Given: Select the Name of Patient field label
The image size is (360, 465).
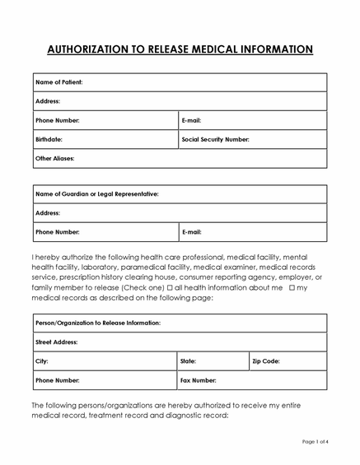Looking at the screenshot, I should coord(59,82).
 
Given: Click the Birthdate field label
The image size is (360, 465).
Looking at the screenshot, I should coord(49,139).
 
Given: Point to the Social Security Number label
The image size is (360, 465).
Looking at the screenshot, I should coord(215,139).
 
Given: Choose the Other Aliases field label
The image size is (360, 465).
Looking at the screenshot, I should coord(55,158).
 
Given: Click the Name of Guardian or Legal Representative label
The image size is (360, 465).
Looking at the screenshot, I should coord(97,194).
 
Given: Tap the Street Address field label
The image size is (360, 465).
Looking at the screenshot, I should coord(56,342).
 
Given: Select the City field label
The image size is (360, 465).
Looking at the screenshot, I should coord(42,361).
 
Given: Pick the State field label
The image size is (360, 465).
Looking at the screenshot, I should coord(189,361).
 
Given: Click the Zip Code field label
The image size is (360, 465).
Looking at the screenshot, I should coord(266,361).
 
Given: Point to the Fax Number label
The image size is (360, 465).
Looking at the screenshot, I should coord(199,380).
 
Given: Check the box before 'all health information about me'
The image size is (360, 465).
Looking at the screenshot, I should coord(170,289).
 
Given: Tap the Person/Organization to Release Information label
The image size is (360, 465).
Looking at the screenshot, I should coord(98,323).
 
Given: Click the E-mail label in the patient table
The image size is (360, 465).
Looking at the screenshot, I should coord(191,120).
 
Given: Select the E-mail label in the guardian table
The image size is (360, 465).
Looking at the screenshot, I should coord(191,232).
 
